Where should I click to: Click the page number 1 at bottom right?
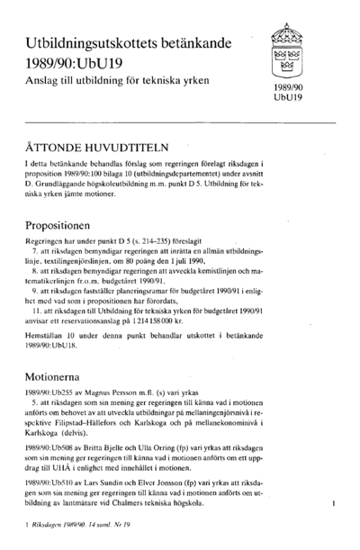tap(334, 506)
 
